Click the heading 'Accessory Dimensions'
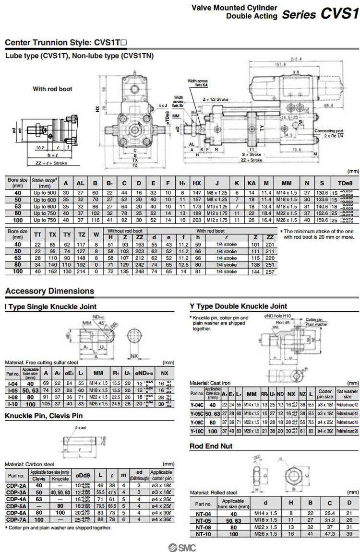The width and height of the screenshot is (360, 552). point(49,291)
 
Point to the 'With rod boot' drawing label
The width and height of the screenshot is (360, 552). point(52,89)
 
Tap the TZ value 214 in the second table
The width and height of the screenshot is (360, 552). point(82,271)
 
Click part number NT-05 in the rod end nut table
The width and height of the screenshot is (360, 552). point(204,520)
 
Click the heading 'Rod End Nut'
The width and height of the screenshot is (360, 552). point(211,446)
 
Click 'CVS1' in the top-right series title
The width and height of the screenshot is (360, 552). point(339,14)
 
